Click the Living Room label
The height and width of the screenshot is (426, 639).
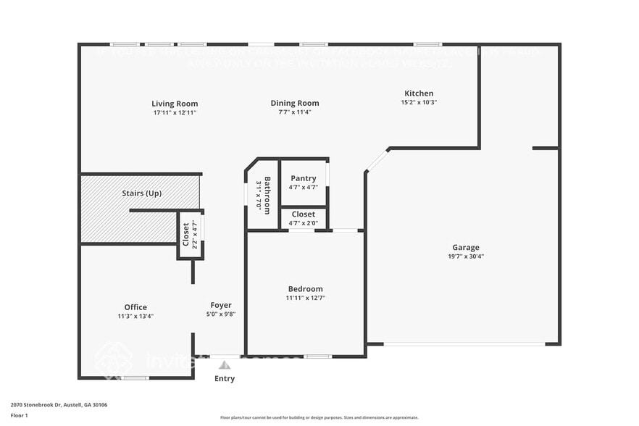[175, 104]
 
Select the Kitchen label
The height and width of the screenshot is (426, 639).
[419, 93]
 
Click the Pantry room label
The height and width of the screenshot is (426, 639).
[303, 178]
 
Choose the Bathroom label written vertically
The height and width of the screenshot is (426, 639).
[267, 194]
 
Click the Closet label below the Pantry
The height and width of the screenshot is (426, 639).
[303, 214]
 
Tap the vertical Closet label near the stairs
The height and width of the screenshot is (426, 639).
[185, 235]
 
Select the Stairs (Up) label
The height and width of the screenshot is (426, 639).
[141, 193]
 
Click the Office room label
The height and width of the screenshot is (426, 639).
[135, 307]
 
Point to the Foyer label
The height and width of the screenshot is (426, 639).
[221, 305]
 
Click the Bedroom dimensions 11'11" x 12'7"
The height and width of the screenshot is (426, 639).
[305, 298]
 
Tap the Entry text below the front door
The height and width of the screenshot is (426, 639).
[225, 379]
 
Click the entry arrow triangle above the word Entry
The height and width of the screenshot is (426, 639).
[225, 365]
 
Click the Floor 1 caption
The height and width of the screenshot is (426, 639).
[19, 415]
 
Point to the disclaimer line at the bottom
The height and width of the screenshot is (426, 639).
[319, 417]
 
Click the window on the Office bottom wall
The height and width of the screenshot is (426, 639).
[135, 377]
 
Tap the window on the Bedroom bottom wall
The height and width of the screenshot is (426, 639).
[318, 356]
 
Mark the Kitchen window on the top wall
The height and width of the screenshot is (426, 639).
[428, 44]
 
